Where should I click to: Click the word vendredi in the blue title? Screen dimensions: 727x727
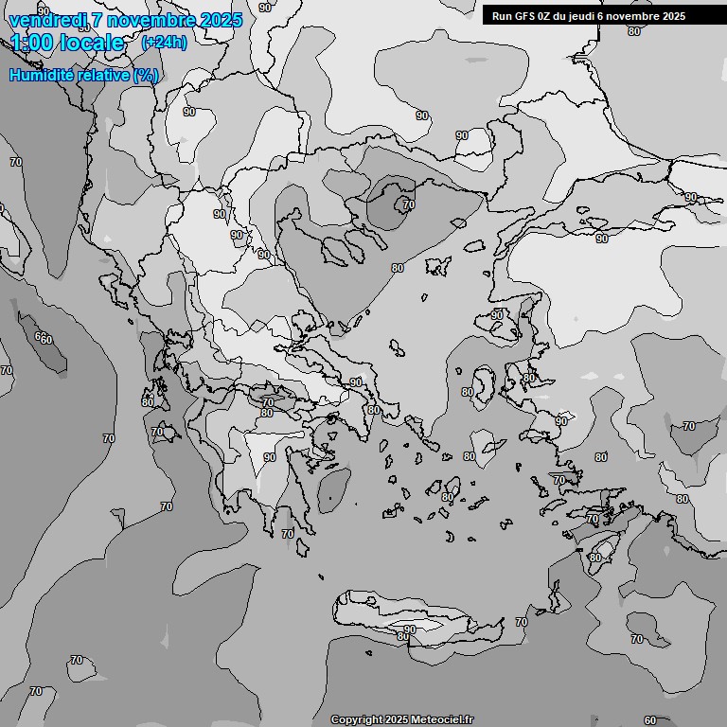(x=47, y=20)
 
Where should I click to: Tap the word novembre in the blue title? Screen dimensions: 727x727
(x=152, y=20)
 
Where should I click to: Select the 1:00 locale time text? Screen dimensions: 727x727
(x=67, y=43)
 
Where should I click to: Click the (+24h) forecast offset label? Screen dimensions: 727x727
(x=164, y=42)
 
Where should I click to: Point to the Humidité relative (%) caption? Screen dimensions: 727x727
(x=83, y=75)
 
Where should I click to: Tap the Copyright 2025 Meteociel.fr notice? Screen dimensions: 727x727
(x=401, y=719)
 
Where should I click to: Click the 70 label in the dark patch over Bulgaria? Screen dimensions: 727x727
(x=408, y=204)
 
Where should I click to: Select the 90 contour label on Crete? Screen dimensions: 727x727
(x=409, y=629)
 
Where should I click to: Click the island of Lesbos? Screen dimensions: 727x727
(x=484, y=386)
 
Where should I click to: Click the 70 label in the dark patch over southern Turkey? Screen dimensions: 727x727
(x=688, y=427)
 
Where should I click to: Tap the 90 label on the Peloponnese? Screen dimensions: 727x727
(x=270, y=457)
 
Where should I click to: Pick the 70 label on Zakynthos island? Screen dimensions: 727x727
(x=157, y=432)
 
